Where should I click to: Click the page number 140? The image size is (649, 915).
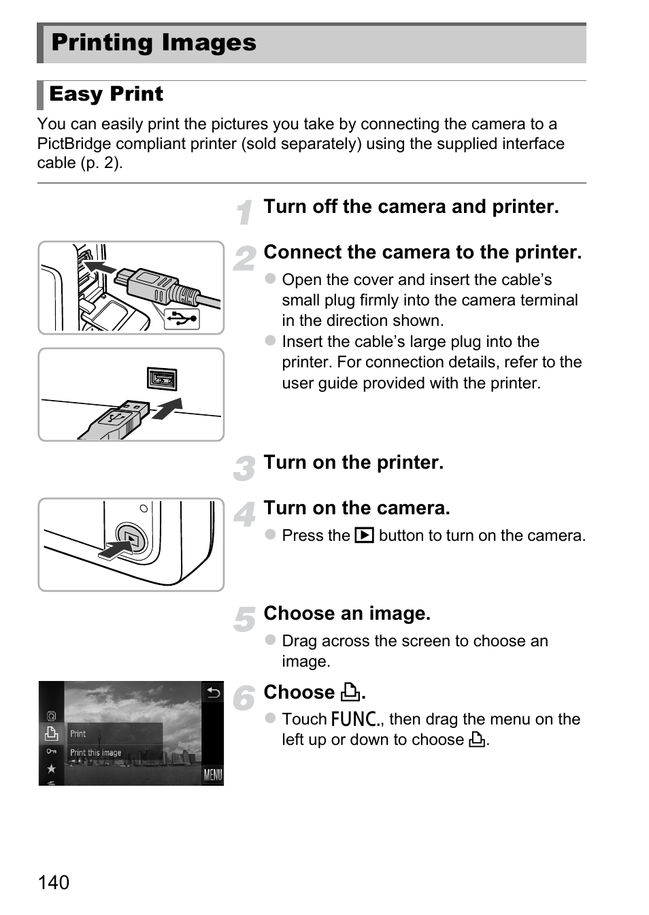[54, 882]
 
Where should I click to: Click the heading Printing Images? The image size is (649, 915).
[154, 42]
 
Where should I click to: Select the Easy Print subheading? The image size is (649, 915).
[106, 94]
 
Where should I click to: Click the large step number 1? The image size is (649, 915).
[245, 212]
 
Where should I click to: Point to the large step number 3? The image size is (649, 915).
[244, 468]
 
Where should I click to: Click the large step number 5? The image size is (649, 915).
[244, 619]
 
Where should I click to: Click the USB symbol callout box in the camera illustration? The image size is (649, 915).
[182, 319]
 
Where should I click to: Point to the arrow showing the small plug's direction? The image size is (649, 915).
[100, 268]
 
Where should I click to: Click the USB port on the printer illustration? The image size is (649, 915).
[162, 379]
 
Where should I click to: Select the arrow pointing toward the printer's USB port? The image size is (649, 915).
[167, 408]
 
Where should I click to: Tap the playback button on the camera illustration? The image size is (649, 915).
[131, 538]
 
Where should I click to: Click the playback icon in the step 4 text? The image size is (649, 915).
[365, 535]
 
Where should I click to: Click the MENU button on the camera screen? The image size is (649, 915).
[213, 774]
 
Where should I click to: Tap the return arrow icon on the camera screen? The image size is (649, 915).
[213, 693]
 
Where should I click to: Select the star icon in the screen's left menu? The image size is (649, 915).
[51, 769]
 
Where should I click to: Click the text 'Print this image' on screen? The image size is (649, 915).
[95, 752]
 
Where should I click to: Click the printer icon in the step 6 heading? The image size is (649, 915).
[351, 692]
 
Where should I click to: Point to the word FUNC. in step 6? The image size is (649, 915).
[356, 719]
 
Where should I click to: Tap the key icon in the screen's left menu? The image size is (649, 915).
[51, 751]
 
